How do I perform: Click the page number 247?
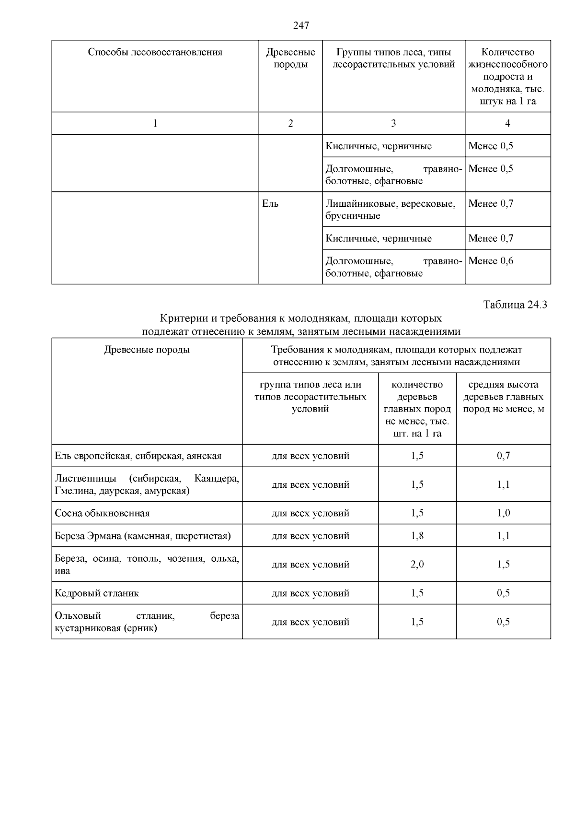[x=301, y=25]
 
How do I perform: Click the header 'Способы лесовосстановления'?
[x=155, y=52]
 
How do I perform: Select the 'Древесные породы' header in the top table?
[x=290, y=58]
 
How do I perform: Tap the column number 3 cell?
[x=393, y=123]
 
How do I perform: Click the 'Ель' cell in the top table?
[x=270, y=203]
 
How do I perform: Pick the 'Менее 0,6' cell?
[x=491, y=261]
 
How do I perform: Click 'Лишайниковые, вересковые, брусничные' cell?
[x=390, y=210]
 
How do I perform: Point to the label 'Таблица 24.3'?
[x=515, y=305]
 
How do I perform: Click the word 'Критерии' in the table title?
[x=179, y=319]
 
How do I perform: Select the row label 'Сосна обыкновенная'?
[x=102, y=513]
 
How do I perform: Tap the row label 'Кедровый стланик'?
[x=97, y=593]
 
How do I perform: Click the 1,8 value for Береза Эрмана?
[x=417, y=536]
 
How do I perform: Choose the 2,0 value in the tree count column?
[x=417, y=565]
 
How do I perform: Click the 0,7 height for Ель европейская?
[x=503, y=456]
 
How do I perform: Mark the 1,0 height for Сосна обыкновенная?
[x=503, y=513]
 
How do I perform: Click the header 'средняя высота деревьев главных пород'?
[x=503, y=397]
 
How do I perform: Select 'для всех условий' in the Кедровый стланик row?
[x=310, y=593]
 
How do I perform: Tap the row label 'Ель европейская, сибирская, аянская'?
[x=138, y=456]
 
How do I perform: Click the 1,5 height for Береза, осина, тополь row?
[x=503, y=565]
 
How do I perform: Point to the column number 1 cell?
[x=155, y=123]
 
